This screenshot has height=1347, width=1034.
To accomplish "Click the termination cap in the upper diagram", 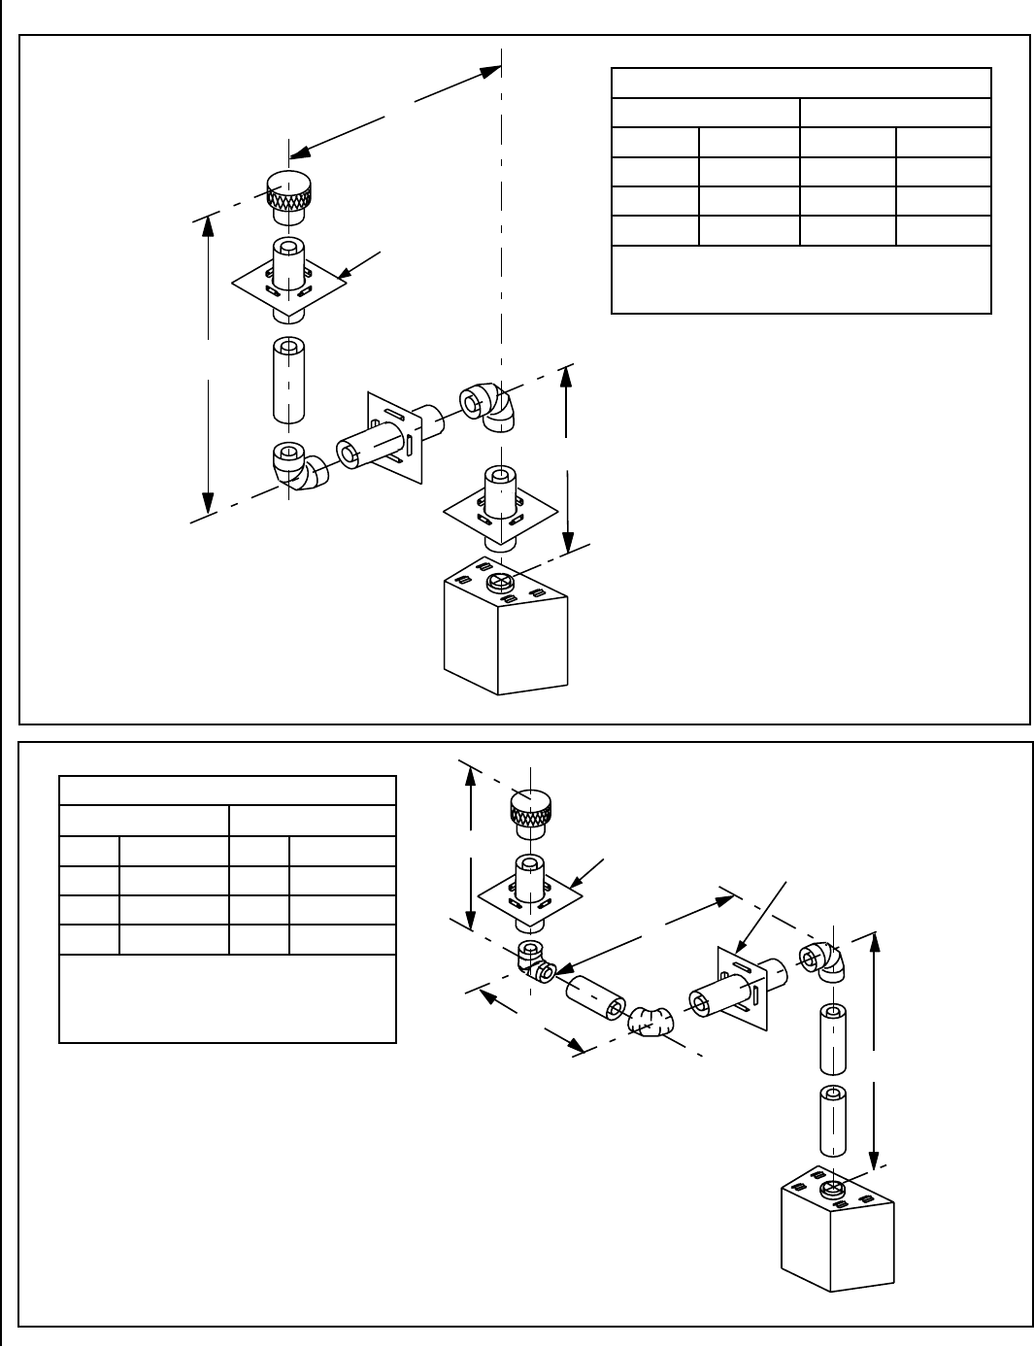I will click(x=289, y=195).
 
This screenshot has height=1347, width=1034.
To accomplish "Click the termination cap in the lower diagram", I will click(x=531, y=811).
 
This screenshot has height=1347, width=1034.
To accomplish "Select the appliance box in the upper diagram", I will click(x=505, y=631).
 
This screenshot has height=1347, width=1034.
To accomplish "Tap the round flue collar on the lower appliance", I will click(x=832, y=1188).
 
